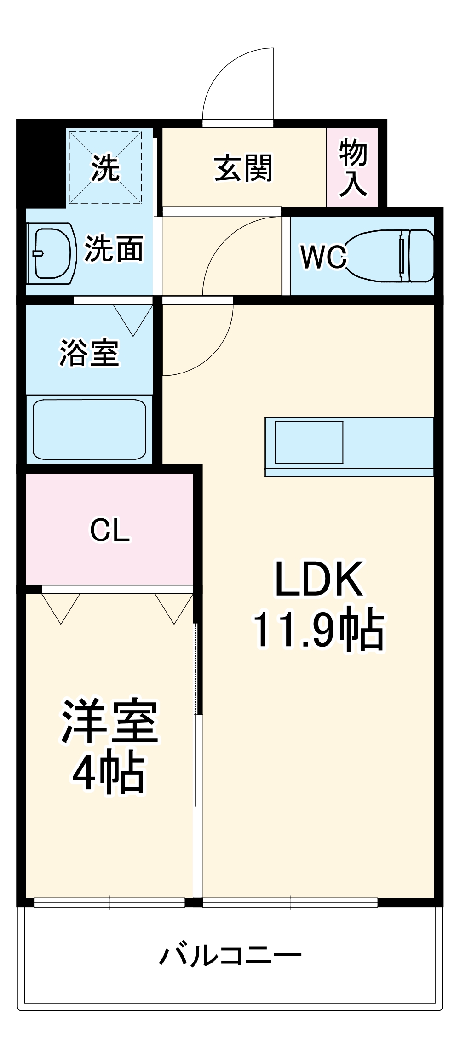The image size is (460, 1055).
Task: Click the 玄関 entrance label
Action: coord(243,168)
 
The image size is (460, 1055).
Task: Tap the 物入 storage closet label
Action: coord(353,168)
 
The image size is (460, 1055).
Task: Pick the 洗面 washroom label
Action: coord(113,249)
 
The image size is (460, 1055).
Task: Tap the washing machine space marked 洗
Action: coord(105,168)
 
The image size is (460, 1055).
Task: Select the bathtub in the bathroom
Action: coord(89,429)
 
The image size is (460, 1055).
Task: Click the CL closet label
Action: coord(109,530)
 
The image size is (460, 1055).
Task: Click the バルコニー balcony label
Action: coord(230,956)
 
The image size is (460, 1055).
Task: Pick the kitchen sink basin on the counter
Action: coord(309,442)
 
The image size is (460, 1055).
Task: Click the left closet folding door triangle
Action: coord(61,606)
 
